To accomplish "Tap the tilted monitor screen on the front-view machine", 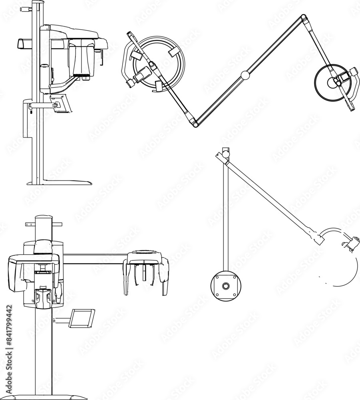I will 82,318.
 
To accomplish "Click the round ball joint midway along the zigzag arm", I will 245,75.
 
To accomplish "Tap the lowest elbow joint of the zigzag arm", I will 195,124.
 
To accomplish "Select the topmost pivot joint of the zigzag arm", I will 304,17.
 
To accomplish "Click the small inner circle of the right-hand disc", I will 332,83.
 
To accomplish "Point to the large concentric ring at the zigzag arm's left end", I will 163,63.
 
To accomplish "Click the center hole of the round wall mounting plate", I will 226,286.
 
